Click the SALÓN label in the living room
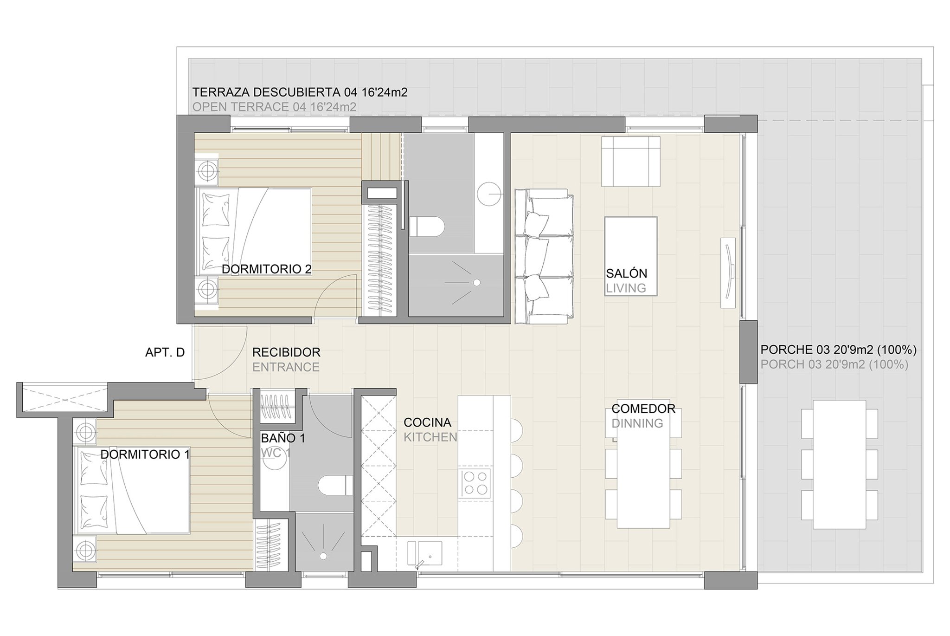626,273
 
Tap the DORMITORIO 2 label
266,269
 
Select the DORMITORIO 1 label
145,454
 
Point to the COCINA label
427,422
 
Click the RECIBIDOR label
286,352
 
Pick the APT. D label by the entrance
165,352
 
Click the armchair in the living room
631,161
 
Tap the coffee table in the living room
631,256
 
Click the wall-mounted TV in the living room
728,273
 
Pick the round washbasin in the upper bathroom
489,194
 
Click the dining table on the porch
840,464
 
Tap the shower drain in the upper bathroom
476,282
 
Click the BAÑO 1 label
283,438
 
